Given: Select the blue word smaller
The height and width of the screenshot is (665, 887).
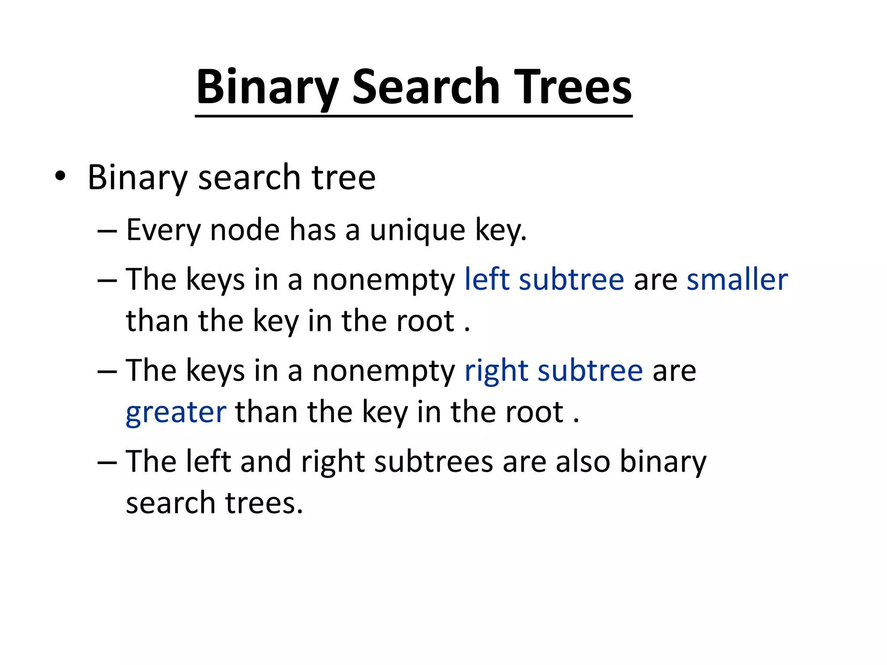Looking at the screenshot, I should coord(737,279).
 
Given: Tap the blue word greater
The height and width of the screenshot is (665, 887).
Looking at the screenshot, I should coord(176,413).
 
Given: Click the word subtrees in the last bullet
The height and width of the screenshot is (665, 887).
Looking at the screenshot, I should coord(434,461).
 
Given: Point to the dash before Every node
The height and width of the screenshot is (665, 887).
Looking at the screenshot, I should coord(107,231).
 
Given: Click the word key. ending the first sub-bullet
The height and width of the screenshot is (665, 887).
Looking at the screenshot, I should coord(501,230).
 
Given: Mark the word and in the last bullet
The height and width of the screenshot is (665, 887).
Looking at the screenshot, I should coord(265,461).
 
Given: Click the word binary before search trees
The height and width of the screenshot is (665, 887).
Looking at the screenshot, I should coord(663,462).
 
